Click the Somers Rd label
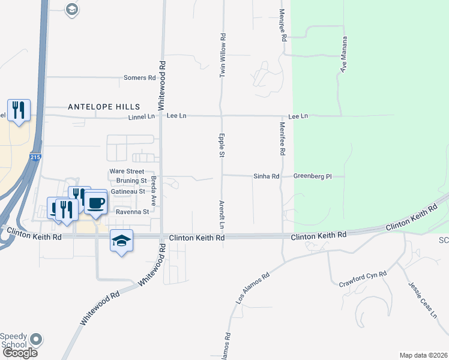pos(139,78)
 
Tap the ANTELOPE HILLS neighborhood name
pos(104,106)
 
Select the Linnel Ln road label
pos(141,116)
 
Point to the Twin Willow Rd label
pos(223,55)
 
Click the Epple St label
pos(221,146)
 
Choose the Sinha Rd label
pos(267,176)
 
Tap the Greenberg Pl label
pos(312,176)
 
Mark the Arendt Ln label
pos(221,215)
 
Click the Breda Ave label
pos(154,191)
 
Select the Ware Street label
pos(127,172)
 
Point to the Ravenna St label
pos(132,212)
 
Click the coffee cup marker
pos(95,202)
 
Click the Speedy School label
pos(13,340)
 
